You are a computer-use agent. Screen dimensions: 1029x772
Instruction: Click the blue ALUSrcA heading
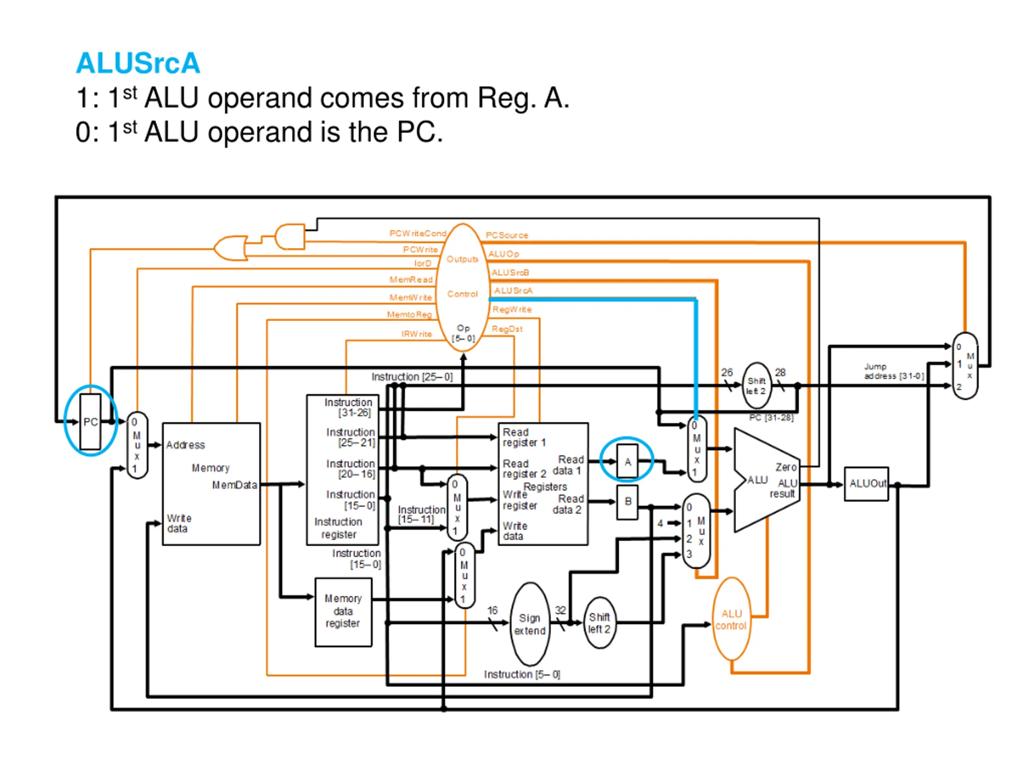coord(138,63)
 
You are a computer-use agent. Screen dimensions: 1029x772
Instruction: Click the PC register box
coord(90,422)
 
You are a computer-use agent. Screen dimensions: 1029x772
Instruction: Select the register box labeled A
coord(627,461)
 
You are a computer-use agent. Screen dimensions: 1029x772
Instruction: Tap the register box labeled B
coord(627,502)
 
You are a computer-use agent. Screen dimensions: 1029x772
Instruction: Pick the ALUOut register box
coord(866,484)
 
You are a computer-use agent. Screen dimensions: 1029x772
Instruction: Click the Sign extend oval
coord(530,624)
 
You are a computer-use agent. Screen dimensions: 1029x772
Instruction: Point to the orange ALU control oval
coord(731,619)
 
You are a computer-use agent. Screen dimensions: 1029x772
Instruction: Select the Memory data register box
coord(343,612)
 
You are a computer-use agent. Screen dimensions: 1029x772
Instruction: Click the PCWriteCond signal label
coord(417,233)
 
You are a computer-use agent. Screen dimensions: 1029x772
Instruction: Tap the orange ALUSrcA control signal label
coord(513,290)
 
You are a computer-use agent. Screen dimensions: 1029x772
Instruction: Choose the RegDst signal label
coord(507,329)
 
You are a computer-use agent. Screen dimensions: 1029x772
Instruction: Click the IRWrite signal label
coord(416,334)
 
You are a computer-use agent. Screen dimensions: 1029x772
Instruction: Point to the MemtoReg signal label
coord(409,314)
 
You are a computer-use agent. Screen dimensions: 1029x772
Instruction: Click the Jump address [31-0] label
coord(894,371)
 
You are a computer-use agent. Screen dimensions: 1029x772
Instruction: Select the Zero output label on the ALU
coord(786,467)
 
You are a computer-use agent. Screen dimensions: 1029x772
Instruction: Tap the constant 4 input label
coord(660,524)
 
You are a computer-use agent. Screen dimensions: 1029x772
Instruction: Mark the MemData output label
coord(234,485)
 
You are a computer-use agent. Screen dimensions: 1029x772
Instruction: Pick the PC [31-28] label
coord(771,417)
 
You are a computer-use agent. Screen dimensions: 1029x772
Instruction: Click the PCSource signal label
coord(506,235)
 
